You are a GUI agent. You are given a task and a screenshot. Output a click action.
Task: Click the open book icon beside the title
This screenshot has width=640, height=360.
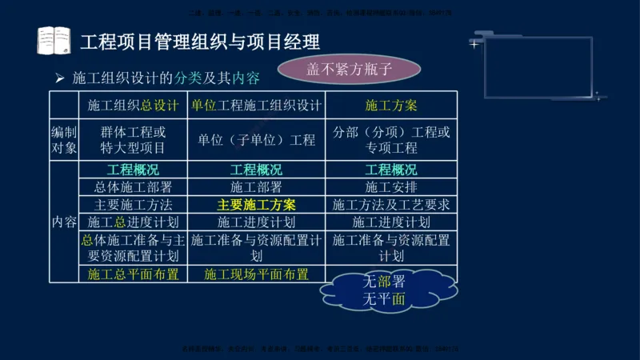(54, 40)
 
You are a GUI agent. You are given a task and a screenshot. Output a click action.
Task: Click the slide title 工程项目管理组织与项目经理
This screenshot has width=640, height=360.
(200, 41)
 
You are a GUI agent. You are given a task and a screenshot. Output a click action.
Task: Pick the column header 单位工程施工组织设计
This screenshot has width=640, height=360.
(256, 105)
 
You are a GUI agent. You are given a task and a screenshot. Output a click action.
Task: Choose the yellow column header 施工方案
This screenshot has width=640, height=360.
(391, 105)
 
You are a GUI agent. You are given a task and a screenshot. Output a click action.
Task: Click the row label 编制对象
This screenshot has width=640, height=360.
(64, 140)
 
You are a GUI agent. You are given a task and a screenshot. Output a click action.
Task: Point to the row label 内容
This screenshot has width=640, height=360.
(64, 222)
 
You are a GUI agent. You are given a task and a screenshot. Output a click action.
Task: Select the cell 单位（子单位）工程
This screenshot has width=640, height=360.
(256, 140)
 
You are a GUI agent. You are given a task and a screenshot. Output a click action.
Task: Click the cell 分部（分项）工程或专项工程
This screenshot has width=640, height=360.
(391, 140)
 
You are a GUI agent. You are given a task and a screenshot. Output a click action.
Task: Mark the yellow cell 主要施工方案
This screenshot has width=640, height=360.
(256, 205)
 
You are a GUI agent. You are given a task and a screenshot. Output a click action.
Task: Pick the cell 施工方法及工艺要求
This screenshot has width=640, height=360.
(391, 205)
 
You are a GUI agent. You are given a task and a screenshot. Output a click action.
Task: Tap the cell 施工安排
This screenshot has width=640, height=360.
(391, 187)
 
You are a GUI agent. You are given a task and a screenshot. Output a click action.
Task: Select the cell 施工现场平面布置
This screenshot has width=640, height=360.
(256, 274)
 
